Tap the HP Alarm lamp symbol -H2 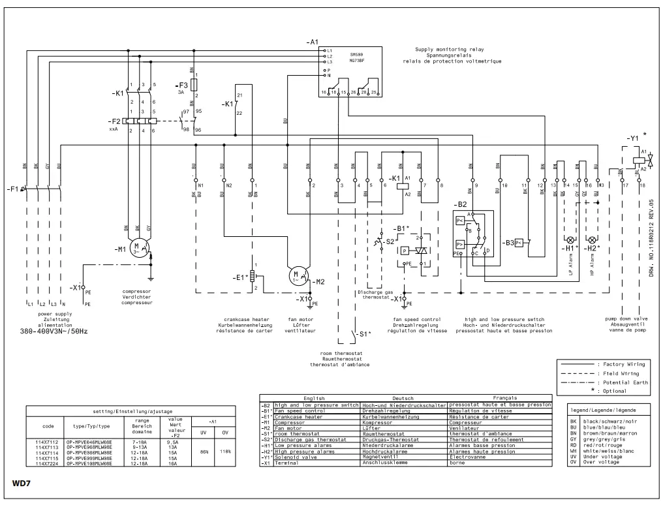coord(593,239)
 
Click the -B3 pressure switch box coord(518,243)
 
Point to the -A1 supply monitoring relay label coord(312,42)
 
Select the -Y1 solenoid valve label coord(632,139)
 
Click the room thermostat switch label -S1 coord(365,334)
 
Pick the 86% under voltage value coord(204,451)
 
